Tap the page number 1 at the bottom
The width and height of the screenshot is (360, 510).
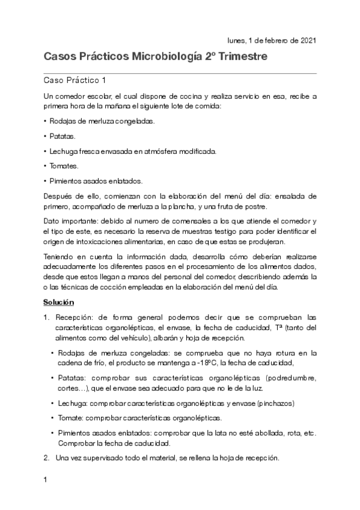coord(46,481)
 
